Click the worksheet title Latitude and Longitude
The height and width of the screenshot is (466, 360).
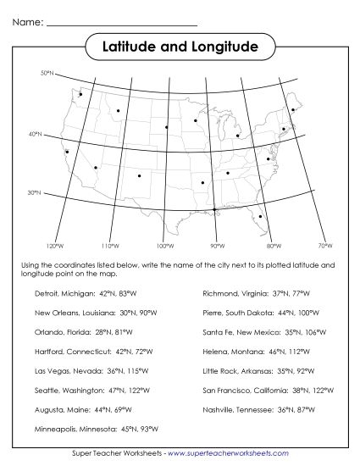tap(180, 45)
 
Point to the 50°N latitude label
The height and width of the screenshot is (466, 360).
tap(47, 75)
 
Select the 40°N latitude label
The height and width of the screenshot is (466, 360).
tap(35, 135)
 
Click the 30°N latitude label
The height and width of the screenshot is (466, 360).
tap(35, 193)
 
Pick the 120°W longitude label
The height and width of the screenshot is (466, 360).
tap(55, 246)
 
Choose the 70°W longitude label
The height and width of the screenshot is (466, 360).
tap(324, 246)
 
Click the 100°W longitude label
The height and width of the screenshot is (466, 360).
tap(164, 246)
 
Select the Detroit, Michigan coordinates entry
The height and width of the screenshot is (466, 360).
tap(91, 293)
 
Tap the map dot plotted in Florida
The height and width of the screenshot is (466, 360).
tap(260, 217)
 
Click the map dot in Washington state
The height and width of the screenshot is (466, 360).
tap(80, 94)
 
